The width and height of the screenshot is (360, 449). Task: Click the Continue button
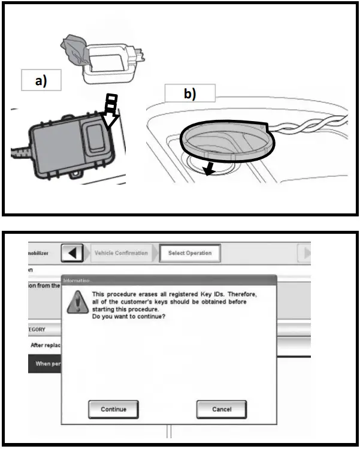114,409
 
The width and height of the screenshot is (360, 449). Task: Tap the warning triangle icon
75,300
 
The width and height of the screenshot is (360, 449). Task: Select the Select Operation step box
190,253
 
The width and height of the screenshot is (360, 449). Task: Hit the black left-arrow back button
73,254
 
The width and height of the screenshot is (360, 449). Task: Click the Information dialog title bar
168,280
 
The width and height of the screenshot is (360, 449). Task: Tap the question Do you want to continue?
128,316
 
